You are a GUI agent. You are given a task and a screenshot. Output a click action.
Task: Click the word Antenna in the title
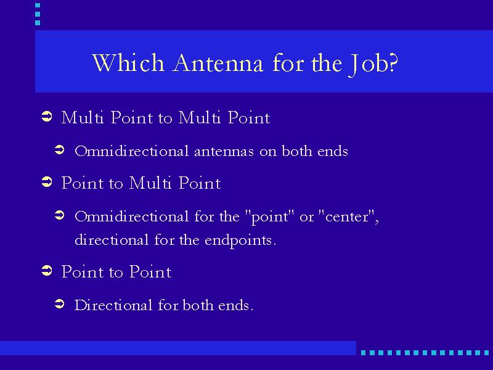coord(218,63)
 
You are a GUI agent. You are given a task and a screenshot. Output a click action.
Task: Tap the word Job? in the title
coord(373,64)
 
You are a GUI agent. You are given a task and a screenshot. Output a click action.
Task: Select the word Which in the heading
coord(128,63)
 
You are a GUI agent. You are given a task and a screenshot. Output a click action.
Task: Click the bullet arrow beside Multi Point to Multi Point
coord(47,117)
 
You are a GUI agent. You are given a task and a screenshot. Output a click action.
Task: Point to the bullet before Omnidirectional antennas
coord(59,149)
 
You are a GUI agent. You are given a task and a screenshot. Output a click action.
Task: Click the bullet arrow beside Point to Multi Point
coord(47,182)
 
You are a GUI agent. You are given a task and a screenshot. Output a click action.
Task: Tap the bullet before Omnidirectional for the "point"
coord(59,215)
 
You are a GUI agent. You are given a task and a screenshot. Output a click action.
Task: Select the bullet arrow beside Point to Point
coord(47,270)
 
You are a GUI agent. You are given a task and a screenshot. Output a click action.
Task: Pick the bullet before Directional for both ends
coord(59,304)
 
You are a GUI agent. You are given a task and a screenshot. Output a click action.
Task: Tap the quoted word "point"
coord(269,217)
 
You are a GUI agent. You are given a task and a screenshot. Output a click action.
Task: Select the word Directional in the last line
coord(113,305)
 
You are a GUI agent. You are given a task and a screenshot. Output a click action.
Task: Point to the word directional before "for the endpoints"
coord(112,240)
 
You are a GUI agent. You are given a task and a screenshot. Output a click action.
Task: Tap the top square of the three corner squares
coord(38,5)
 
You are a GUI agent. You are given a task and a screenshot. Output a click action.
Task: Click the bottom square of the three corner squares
coord(38,23)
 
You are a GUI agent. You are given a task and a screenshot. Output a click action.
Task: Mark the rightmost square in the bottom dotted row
coord(486,353)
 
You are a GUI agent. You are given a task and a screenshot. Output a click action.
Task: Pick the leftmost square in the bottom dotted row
coord(363,353)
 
